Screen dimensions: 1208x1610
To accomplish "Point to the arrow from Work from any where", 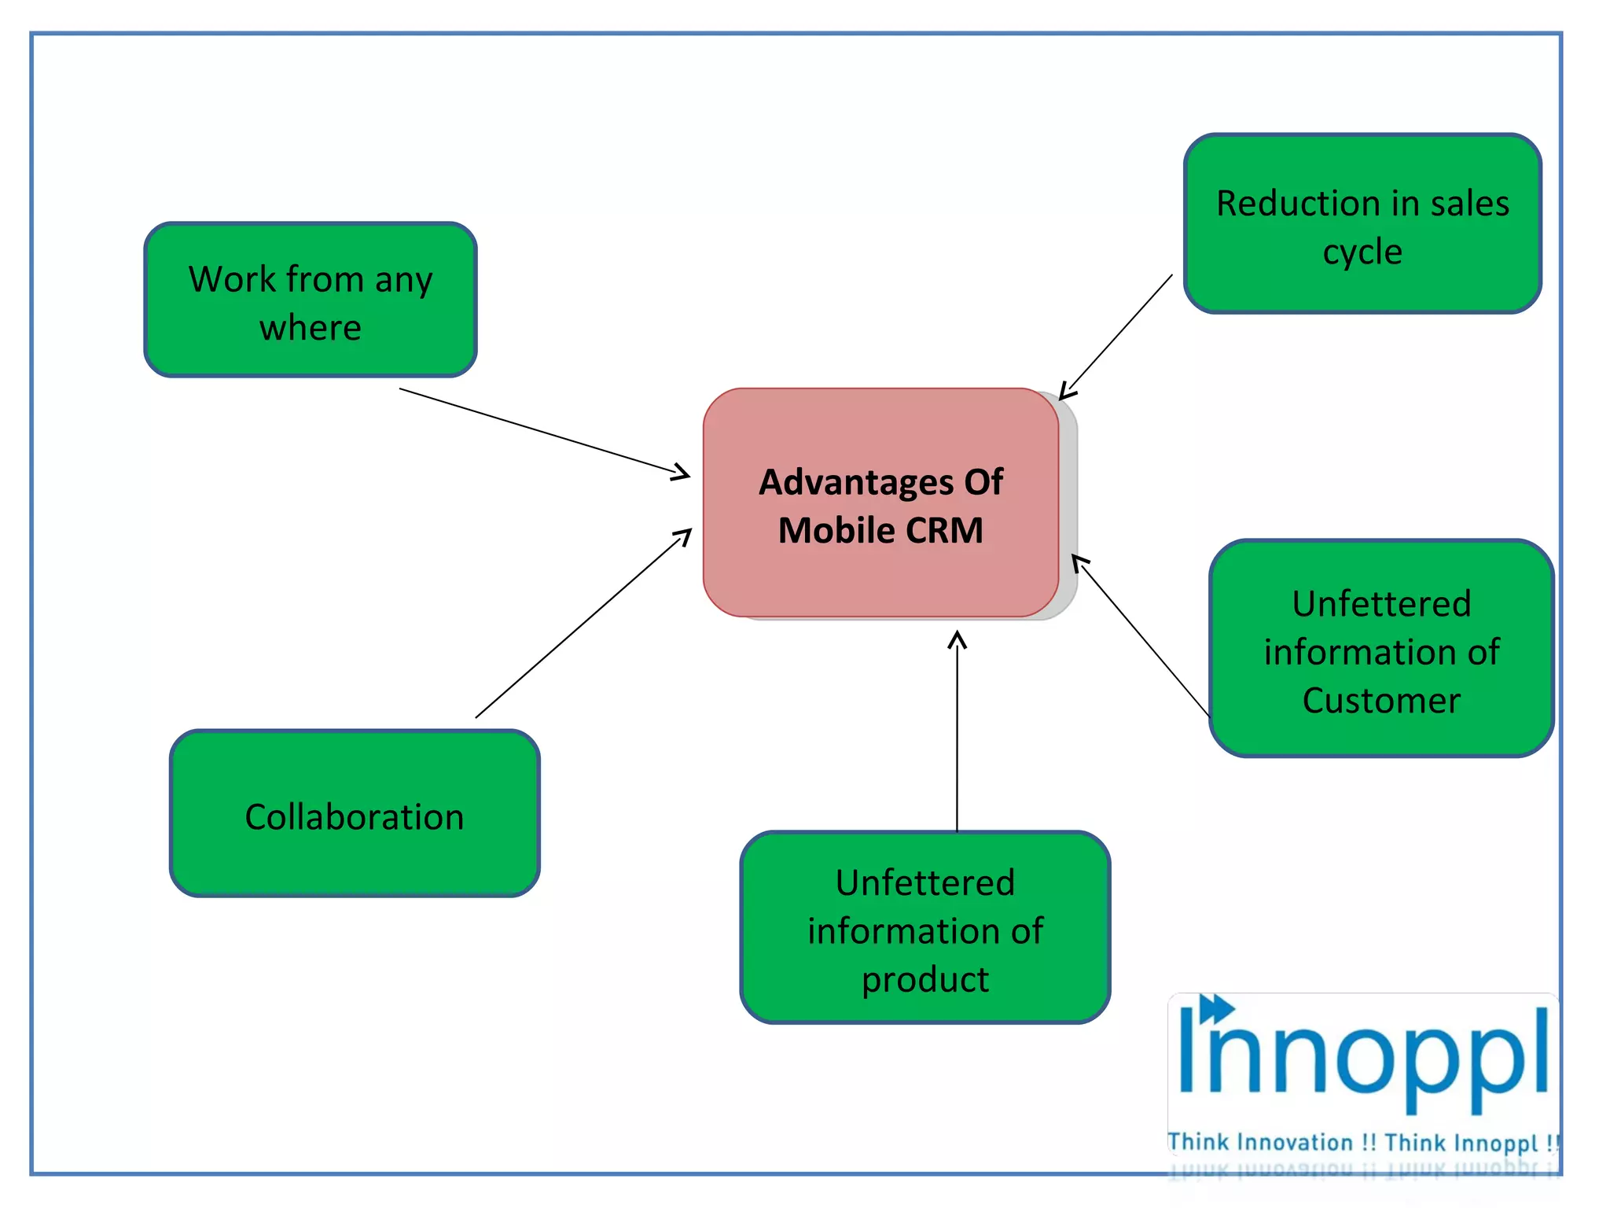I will [542, 431].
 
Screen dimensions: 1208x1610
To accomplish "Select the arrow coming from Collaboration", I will [582, 624].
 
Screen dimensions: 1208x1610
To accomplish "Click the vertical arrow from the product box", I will [957, 731].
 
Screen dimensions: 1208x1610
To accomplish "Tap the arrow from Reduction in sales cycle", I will [1116, 337].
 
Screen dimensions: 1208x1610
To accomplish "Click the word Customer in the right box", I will [1381, 701].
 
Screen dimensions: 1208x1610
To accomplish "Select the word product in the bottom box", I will [925, 980].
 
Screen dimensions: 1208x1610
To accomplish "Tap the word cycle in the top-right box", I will [1362, 252].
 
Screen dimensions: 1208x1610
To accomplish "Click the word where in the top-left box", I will [311, 327].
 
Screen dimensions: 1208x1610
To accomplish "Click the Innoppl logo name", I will [1364, 1058].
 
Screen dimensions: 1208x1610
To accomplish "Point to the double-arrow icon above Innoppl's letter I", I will [1217, 1008].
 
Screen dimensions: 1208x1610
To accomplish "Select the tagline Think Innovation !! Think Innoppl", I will [1362, 1142].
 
